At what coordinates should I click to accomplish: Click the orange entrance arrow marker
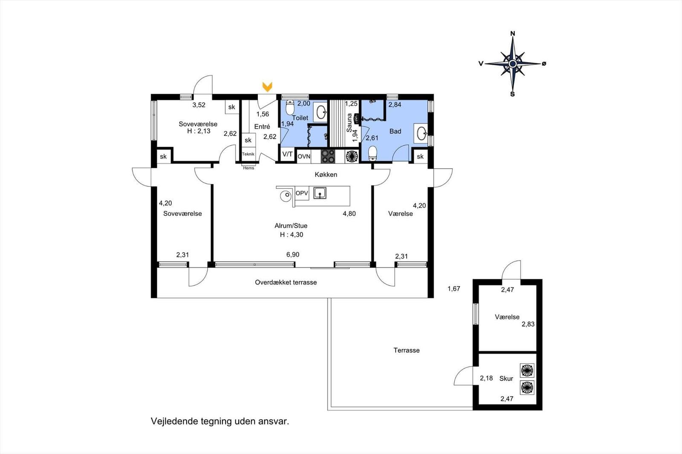click(x=267, y=87)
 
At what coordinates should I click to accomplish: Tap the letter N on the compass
click(x=513, y=33)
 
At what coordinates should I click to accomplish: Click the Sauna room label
click(x=350, y=122)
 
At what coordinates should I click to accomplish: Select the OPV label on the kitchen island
click(x=302, y=193)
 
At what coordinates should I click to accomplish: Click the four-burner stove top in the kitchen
click(x=328, y=156)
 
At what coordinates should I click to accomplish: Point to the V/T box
click(x=288, y=154)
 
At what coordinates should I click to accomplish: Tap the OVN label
click(x=304, y=157)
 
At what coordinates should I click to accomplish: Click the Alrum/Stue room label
click(x=291, y=226)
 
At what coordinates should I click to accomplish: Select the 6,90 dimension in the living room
click(x=293, y=255)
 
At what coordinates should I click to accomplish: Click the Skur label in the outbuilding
click(x=506, y=378)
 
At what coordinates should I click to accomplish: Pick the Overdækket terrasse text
click(x=286, y=282)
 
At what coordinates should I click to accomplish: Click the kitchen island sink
click(x=320, y=193)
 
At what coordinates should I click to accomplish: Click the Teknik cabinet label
click(x=248, y=154)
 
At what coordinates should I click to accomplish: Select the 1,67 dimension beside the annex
click(x=454, y=289)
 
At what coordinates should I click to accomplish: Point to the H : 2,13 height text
click(x=199, y=131)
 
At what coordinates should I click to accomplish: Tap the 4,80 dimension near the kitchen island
click(x=349, y=214)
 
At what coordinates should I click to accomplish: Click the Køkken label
click(x=326, y=175)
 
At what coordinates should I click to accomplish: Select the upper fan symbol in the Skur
click(x=527, y=370)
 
